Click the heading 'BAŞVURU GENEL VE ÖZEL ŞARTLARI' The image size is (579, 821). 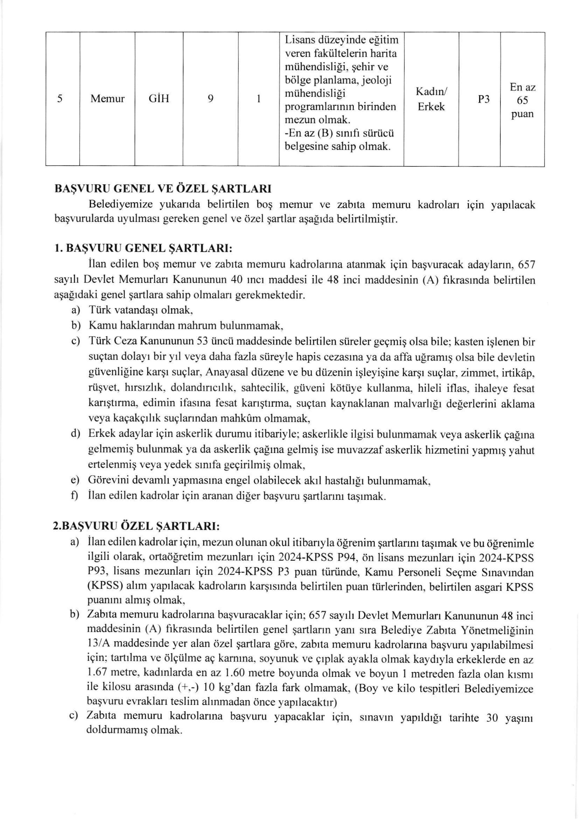pos(163,189)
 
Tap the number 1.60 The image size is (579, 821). pos(235,673)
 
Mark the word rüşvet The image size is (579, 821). pos(103,388)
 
